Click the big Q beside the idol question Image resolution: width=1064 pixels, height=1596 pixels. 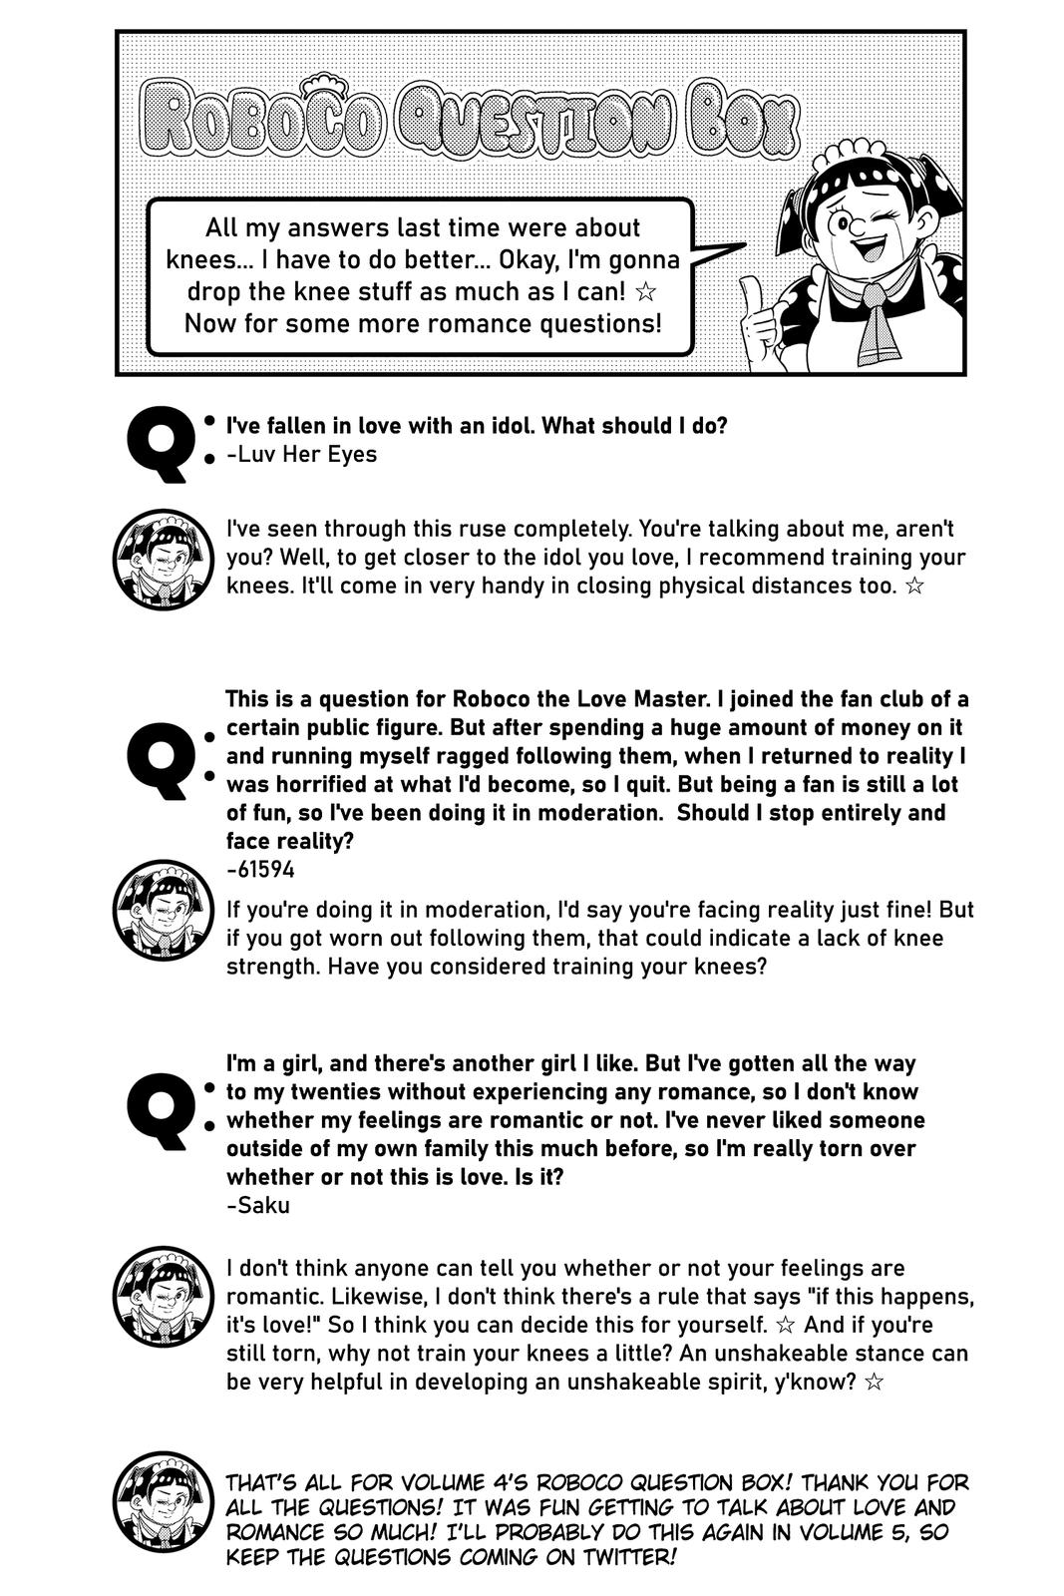[x=159, y=444]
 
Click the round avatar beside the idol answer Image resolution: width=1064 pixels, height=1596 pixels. [x=163, y=560]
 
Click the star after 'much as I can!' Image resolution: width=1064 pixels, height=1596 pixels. [x=646, y=292]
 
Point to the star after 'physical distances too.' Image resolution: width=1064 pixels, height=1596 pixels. [x=913, y=586]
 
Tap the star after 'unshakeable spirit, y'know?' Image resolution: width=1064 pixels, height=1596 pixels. [x=874, y=1383]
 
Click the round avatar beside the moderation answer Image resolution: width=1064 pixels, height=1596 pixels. [x=163, y=909]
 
